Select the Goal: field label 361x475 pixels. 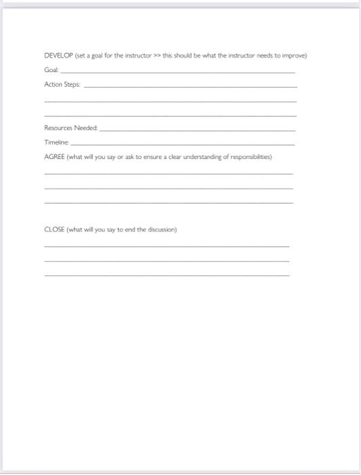click(x=52, y=70)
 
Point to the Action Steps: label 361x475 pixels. click(x=62, y=85)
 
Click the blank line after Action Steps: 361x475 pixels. click(x=190, y=87)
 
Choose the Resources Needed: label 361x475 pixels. click(x=71, y=128)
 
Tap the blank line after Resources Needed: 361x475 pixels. click(x=197, y=130)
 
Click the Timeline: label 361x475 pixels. click(x=56, y=142)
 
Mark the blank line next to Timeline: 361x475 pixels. click(x=183, y=145)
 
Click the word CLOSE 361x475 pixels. click(x=54, y=229)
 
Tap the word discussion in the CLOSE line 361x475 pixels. click(x=161, y=229)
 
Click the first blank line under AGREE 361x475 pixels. click(x=169, y=174)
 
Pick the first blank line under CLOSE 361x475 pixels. click(x=167, y=246)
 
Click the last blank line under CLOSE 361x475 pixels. click(x=167, y=275)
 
